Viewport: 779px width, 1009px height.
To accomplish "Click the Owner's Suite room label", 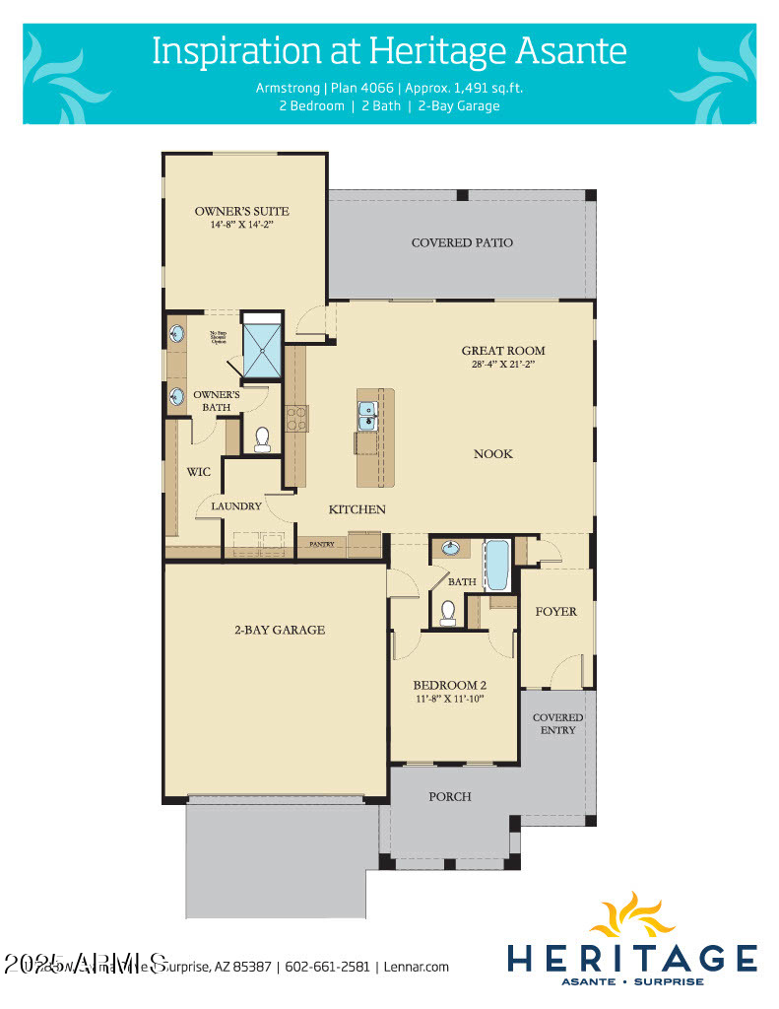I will pos(241,211).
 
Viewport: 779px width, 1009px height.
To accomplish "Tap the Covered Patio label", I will pos(462,242).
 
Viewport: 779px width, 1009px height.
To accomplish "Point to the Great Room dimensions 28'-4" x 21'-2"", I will pos(503,364).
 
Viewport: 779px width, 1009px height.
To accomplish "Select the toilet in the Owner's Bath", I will pos(263,439).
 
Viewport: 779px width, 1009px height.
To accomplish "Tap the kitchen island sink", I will pos(367,415).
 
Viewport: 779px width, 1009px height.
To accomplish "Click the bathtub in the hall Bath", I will pos(496,564).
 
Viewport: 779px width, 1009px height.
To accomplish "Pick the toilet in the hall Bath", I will pos(448,613).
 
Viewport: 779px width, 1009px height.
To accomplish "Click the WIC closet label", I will pos(199,472).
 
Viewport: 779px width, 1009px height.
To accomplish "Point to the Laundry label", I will pos(235,506).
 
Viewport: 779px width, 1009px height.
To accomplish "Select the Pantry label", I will pos(322,544).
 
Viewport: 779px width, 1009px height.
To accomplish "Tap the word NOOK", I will pos(493,454).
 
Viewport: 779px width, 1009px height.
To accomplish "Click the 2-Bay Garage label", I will pos(279,630).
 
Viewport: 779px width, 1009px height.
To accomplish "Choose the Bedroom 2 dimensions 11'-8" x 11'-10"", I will pos(449,700).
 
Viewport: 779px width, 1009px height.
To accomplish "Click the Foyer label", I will pos(555,612).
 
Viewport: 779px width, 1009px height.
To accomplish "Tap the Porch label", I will pos(451,796).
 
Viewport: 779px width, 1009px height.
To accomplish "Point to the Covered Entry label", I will pos(557,723).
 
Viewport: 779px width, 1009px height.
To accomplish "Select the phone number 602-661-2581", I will pos(330,967).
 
